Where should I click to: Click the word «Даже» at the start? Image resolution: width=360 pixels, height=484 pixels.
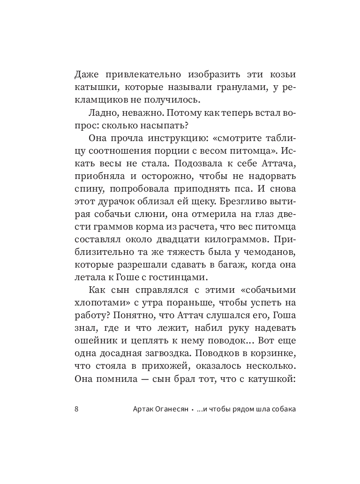click(x=87, y=75)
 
